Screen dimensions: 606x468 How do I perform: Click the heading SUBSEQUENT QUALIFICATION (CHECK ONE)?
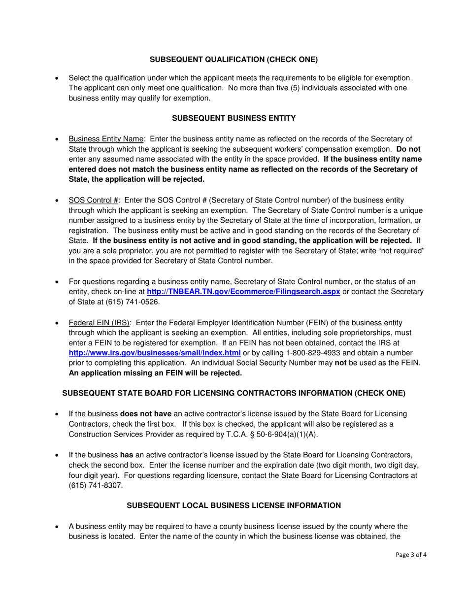coord(234,60)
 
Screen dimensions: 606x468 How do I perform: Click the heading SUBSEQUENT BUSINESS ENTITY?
coord(234,118)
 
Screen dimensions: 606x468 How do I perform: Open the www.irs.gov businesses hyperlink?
coord(154,353)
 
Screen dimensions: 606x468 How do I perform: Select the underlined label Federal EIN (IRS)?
coord(100,323)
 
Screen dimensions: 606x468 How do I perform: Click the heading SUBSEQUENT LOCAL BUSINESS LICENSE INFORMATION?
coord(234,505)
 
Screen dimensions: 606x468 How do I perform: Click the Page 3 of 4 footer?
coord(411,554)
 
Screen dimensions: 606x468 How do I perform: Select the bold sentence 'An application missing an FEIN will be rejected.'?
coord(155,373)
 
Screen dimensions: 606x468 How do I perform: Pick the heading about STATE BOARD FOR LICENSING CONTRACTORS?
coord(234,393)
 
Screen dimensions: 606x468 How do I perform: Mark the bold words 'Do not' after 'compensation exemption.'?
coord(408,149)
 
